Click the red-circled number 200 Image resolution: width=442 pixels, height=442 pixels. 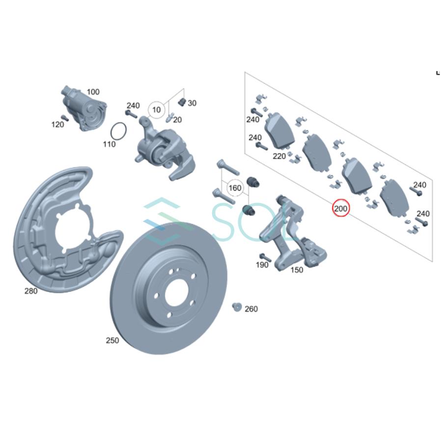[341, 209]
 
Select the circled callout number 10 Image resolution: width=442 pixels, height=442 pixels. [157, 110]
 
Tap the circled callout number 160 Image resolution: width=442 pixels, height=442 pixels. [235, 188]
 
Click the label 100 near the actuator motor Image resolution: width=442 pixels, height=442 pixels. [93, 92]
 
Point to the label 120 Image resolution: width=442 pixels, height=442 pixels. [57, 125]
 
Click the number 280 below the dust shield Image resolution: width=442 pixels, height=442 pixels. [31, 291]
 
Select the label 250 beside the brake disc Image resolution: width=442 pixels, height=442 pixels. [112, 340]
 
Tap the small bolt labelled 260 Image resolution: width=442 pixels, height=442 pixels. [236, 307]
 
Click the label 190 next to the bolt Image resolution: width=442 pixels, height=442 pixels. [262, 265]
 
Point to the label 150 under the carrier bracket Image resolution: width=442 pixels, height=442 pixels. [297, 270]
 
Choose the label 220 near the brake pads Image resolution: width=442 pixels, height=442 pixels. [279, 156]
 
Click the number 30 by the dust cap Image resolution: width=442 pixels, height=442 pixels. [192, 103]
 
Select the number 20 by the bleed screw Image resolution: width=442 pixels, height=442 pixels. [177, 120]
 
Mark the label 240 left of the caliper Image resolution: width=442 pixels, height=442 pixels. [133, 105]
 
